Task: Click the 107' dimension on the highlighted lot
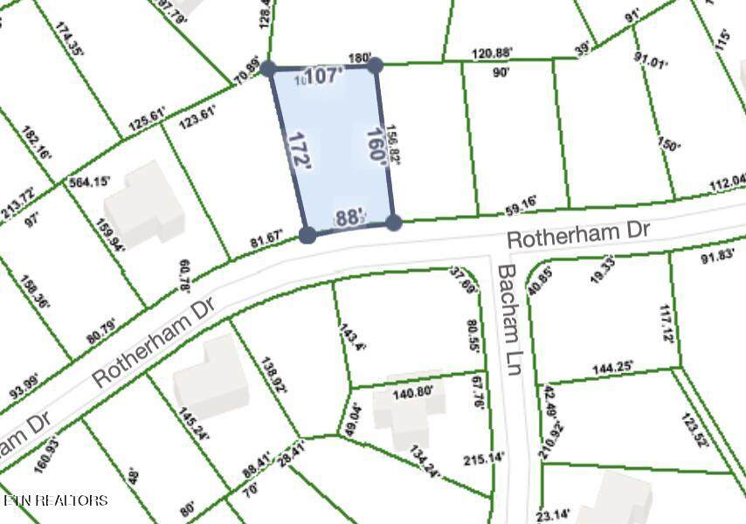coord(325,77)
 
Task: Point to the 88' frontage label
coord(348,218)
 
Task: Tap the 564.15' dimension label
coord(90,182)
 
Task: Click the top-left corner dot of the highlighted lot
coord(269,68)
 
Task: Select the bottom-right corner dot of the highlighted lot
coord(393,223)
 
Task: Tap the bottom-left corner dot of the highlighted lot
coord(307,234)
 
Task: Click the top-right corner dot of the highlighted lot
coord(375,65)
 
